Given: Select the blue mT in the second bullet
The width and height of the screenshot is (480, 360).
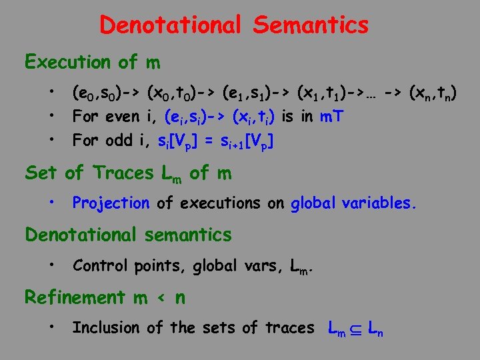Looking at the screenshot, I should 331,117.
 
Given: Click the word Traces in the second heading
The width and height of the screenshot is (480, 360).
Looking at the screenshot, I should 124,173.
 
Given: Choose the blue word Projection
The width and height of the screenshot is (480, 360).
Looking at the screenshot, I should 111,203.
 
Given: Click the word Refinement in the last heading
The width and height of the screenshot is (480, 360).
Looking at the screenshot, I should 75,297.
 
